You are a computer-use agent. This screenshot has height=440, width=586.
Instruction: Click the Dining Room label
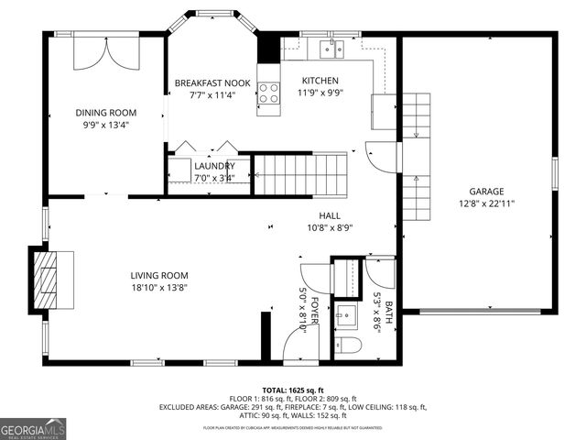pos(104,113)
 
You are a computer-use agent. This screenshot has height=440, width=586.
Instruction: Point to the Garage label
pos(486,192)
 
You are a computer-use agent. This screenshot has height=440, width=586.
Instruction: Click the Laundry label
pos(214,166)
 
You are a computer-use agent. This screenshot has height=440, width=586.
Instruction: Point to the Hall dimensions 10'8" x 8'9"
pos(330,227)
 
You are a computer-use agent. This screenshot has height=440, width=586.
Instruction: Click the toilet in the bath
pos(347,346)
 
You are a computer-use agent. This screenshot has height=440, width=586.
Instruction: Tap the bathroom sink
pos(346,316)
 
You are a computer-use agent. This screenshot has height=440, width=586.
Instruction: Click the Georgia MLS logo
pos(33,428)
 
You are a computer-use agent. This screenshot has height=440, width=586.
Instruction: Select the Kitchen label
pos(320,81)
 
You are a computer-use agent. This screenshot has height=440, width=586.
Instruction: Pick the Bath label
pos(388,313)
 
